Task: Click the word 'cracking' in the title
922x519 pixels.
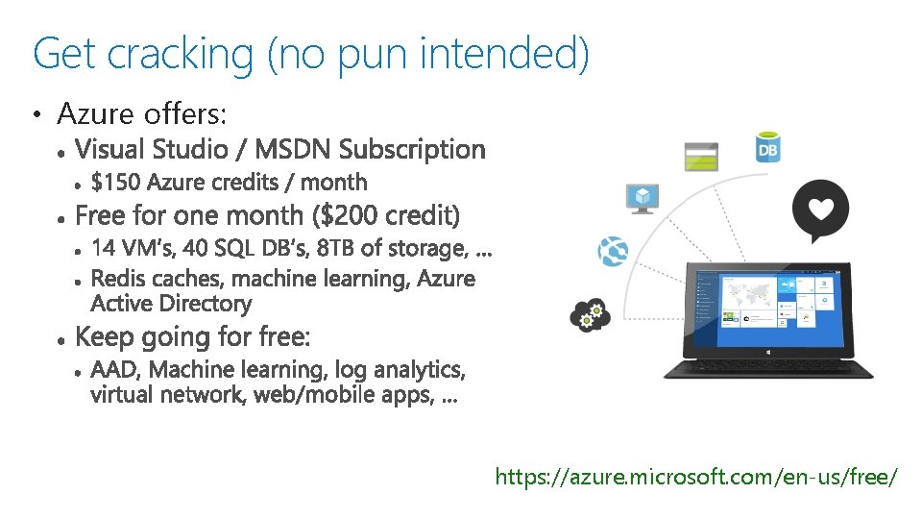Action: click(x=180, y=55)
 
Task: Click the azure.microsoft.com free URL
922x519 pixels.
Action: click(x=696, y=477)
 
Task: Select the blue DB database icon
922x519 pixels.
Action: click(x=767, y=148)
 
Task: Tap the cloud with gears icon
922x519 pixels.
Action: click(x=586, y=314)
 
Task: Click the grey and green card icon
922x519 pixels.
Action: click(x=700, y=157)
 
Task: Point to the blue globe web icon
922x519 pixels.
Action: click(x=613, y=251)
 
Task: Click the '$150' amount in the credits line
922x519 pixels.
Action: click(x=116, y=183)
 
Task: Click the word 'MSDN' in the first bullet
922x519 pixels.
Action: click(x=294, y=150)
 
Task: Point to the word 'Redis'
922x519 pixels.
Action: click(x=117, y=279)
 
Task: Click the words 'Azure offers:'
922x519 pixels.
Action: click(x=142, y=114)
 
